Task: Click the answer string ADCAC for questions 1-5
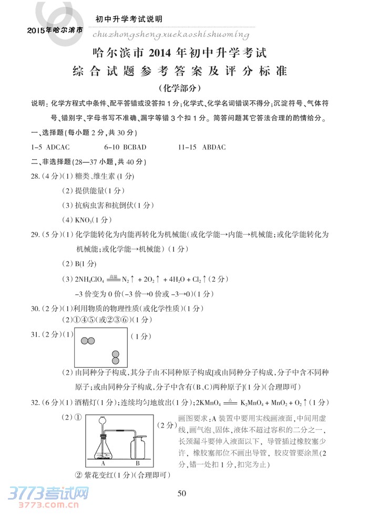click(x=58, y=148)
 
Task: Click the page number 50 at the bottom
click(x=182, y=493)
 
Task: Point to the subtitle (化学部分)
click(x=183, y=87)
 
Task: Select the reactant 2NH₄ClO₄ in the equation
click(x=90, y=279)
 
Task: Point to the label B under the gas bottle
click(x=137, y=464)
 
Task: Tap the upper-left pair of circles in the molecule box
click(x=88, y=341)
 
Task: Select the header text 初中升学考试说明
click(x=128, y=19)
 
